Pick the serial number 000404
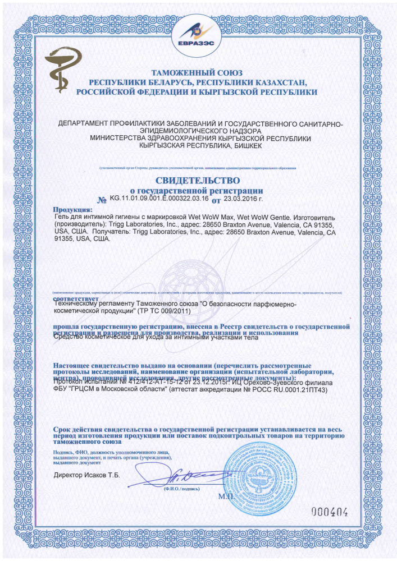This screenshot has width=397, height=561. (x=330, y=511)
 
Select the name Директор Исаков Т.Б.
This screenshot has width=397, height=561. (x=87, y=475)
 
